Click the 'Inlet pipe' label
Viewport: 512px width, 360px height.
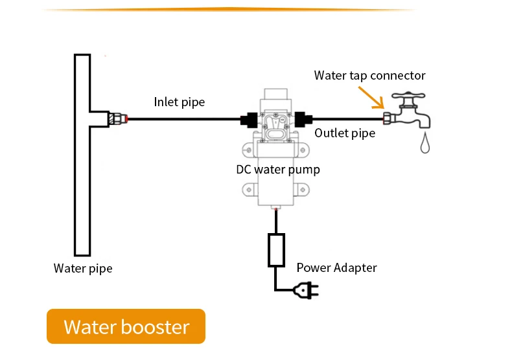(180, 102)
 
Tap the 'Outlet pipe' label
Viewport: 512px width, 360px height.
(345, 133)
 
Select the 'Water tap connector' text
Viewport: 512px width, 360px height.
(369, 75)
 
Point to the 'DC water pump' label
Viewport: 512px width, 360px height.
(278, 170)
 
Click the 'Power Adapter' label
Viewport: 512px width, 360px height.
(336, 267)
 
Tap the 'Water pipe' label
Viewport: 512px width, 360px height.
(83, 268)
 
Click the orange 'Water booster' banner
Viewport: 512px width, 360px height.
(126, 326)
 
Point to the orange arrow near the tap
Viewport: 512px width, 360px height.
(371, 98)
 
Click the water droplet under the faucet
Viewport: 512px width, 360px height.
(425, 142)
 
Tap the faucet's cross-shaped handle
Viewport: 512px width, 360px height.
(408, 96)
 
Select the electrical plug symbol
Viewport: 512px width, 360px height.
(306, 290)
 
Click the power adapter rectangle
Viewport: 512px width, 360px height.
(276, 250)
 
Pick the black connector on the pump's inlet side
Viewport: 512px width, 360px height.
(249, 120)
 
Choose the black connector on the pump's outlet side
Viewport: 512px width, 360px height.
(303, 119)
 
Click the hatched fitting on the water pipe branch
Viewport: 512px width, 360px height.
(117, 118)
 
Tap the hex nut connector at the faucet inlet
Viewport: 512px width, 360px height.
(388, 118)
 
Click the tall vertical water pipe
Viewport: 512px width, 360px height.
(82, 155)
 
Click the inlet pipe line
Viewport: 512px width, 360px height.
(184, 119)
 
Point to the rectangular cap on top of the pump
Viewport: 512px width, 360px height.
(276, 95)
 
